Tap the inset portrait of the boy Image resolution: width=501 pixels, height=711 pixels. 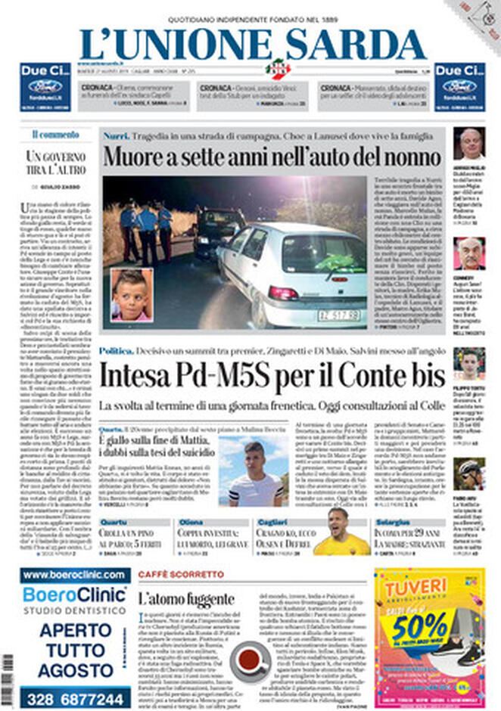point(132,296)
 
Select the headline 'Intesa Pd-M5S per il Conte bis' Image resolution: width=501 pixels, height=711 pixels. point(272,374)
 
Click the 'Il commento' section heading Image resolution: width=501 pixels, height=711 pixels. point(55,135)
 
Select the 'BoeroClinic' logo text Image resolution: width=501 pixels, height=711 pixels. point(75,594)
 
